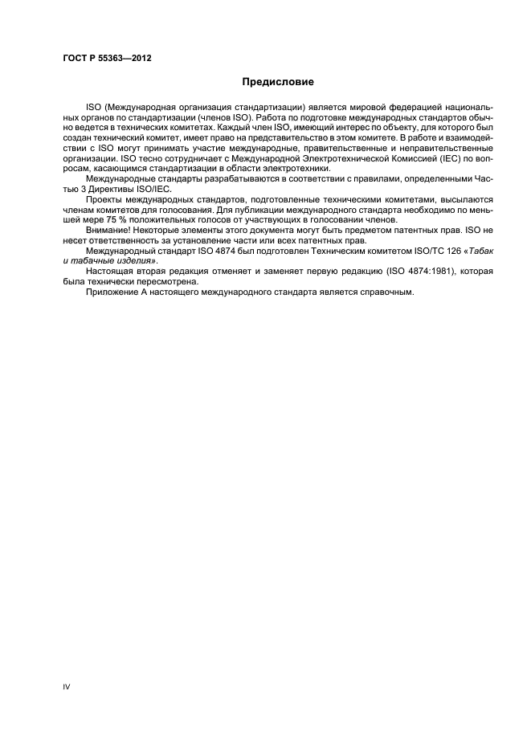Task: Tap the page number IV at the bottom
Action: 67,688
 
